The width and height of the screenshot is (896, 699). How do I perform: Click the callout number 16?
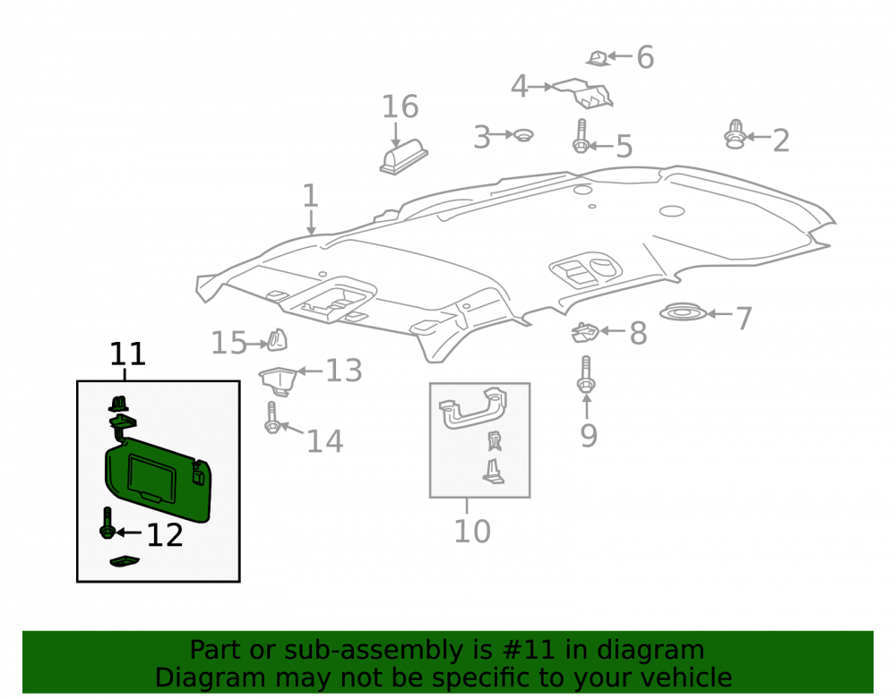[x=400, y=107]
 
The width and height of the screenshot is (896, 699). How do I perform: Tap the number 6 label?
[x=645, y=57]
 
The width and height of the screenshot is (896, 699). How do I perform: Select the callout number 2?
[x=781, y=141]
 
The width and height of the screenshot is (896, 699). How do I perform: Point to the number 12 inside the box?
[x=165, y=535]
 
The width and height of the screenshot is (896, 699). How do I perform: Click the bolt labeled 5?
[x=581, y=136]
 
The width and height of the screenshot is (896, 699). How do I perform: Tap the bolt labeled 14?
[x=271, y=418]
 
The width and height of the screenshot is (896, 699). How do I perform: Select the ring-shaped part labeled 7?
[x=683, y=312]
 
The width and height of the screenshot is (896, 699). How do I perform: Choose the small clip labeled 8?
[x=585, y=333]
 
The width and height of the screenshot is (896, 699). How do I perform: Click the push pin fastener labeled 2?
[x=735, y=134]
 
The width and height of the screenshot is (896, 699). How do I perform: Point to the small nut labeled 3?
[x=523, y=135]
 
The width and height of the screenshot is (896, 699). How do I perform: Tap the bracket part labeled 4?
[x=584, y=92]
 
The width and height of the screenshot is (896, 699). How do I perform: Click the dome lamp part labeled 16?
[x=403, y=157]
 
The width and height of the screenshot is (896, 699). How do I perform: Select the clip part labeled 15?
[x=277, y=340]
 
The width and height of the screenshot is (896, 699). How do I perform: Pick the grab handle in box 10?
[x=472, y=408]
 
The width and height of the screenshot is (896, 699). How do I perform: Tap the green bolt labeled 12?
[x=107, y=523]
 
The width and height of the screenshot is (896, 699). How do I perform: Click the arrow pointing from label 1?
[x=311, y=223]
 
